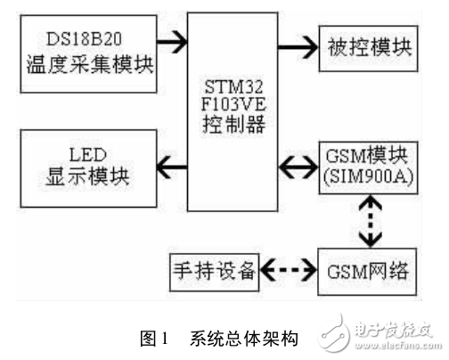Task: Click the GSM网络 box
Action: pyautogui.click(x=363, y=269)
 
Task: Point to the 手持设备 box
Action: pyautogui.click(x=213, y=269)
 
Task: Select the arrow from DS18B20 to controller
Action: pyautogui.click(x=172, y=40)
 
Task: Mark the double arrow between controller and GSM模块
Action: pyautogui.click(x=293, y=166)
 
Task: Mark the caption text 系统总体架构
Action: pyautogui.click(x=240, y=339)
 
